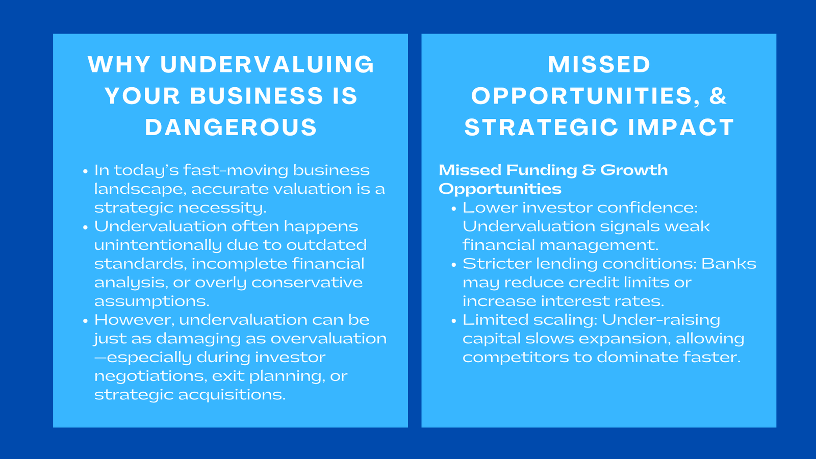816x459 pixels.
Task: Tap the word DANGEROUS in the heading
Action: (x=231, y=127)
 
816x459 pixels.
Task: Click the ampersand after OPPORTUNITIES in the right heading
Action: (x=718, y=96)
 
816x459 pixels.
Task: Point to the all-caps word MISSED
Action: (x=599, y=65)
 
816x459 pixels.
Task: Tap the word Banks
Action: (x=729, y=264)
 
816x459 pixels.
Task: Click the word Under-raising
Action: (x=661, y=320)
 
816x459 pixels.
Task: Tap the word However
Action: (x=134, y=320)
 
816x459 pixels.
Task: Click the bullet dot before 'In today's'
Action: (x=85, y=171)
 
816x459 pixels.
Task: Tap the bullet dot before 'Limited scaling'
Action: (x=453, y=321)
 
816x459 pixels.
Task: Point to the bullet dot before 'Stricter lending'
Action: (x=453, y=265)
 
